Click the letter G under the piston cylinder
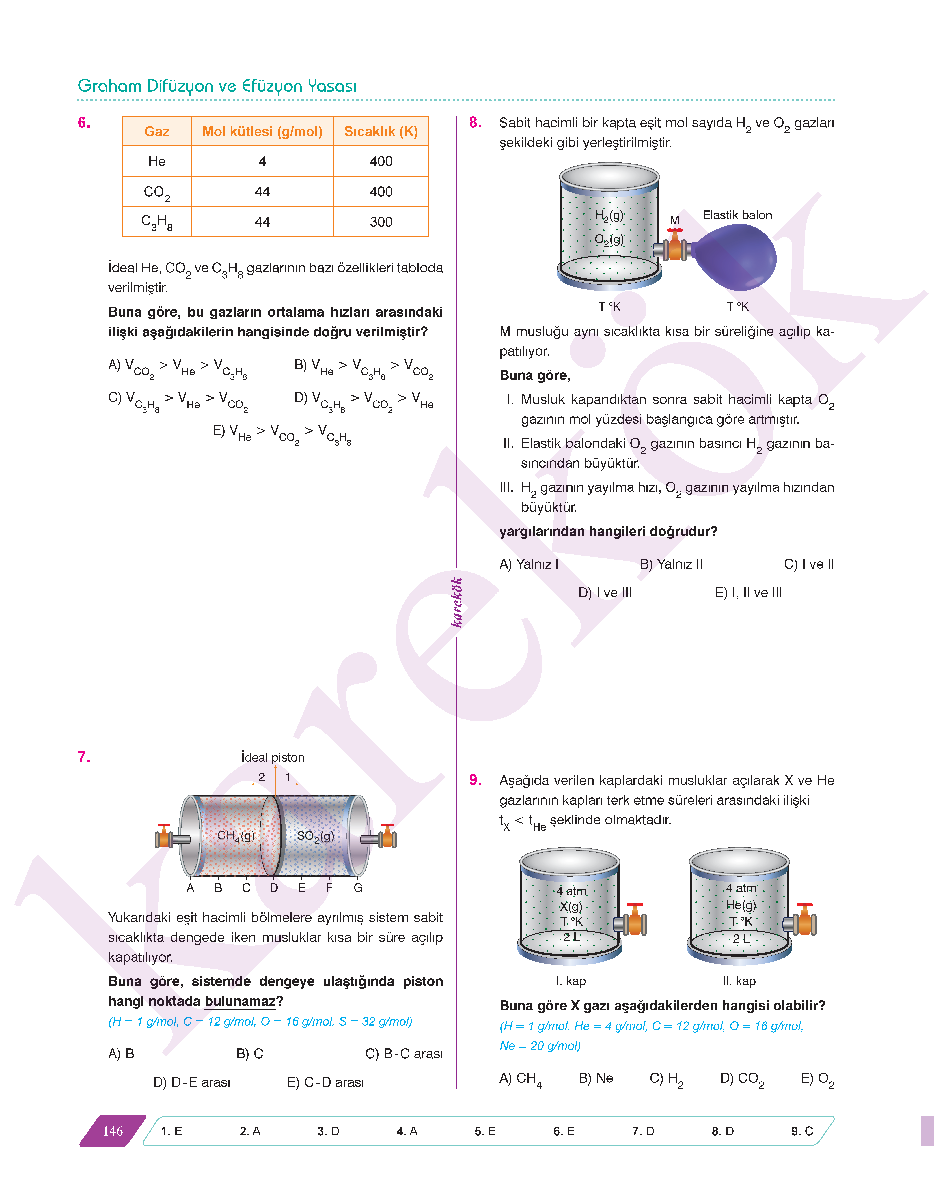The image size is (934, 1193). (358, 888)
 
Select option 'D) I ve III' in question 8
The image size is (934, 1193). (605, 593)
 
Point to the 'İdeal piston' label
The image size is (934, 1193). (273, 757)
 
